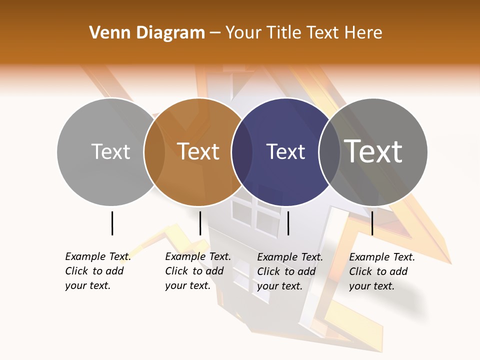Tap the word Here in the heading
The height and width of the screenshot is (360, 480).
click(363, 33)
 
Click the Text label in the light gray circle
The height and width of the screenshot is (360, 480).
click(110, 152)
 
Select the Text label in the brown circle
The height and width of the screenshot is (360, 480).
click(198, 152)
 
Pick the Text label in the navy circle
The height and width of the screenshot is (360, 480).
click(285, 152)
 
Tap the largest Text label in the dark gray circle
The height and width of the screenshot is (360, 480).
click(373, 151)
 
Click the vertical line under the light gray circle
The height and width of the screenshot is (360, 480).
click(112, 223)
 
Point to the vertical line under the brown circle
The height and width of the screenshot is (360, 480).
click(200, 223)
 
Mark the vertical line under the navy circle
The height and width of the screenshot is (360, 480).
click(288, 223)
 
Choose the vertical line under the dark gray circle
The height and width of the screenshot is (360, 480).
click(372, 223)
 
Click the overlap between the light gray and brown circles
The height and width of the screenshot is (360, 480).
click(154, 152)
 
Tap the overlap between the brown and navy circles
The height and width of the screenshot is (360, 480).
click(242, 152)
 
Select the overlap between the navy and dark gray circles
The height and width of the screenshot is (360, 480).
click(329, 152)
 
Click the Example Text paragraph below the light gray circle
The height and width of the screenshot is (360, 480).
click(98, 271)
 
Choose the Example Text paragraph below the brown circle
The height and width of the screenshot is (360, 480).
click(198, 271)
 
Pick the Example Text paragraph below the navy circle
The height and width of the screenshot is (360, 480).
click(290, 271)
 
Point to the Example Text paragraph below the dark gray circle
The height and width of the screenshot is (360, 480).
click(382, 271)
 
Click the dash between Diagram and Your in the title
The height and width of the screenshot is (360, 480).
click(215, 33)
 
